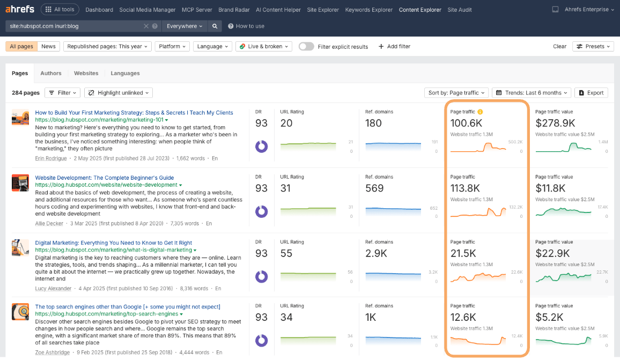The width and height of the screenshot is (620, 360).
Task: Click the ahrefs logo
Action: coord(20,9)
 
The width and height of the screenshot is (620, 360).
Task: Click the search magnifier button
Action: coord(215,26)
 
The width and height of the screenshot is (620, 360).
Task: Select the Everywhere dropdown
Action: coord(185,26)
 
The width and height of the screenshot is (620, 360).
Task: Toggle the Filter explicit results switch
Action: coord(306,46)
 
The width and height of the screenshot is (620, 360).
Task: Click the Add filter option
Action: coord(394,46)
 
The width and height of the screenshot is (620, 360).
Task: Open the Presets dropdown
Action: coord(593,46)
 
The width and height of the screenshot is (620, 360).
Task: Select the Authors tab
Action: coord(51,73)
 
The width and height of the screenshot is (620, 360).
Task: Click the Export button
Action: coord(591,93)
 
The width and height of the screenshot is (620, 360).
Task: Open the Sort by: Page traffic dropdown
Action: coord(457,93)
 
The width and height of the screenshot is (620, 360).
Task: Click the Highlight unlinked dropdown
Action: coord(119,93)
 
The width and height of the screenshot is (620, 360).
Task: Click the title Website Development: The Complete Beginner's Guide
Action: coord(105,178)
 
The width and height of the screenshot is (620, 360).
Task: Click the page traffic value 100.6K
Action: coord(467,123)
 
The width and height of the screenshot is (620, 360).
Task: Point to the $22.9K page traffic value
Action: coord(551,253)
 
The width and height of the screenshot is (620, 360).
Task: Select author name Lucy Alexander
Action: coord(53,289)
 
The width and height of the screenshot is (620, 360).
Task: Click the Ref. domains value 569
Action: coord(374,188)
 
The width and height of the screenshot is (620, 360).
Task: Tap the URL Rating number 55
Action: coord(286,253)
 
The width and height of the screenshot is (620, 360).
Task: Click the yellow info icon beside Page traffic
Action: coord(481,112)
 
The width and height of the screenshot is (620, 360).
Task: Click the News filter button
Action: coord(48,46)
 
